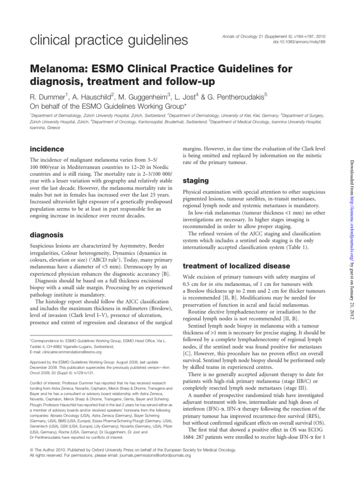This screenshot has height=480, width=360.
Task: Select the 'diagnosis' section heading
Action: [47, 234]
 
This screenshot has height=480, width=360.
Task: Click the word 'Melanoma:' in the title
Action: [60, 69]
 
